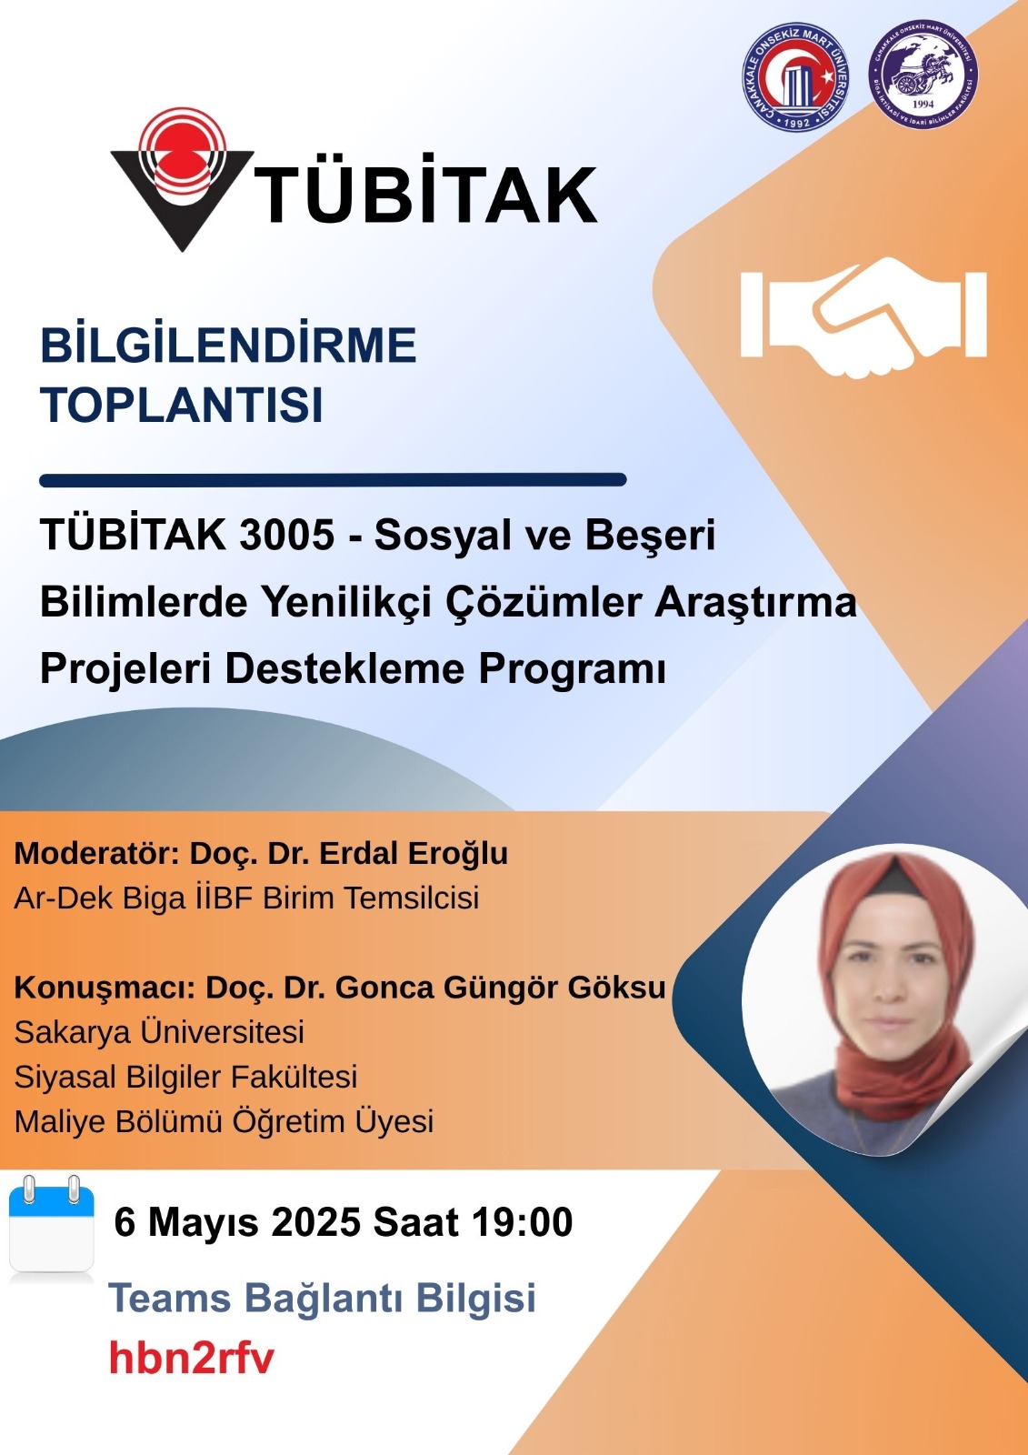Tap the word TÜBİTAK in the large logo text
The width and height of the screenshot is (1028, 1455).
[426, 194]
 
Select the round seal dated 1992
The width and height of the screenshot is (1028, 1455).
[796, 78]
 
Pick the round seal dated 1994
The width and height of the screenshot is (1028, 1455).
[923, 78]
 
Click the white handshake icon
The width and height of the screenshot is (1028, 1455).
[863, 317]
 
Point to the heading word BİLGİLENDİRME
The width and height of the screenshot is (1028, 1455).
[228, 345]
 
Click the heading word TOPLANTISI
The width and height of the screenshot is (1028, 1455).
[182, 406]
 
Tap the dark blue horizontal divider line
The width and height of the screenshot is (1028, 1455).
[333, 480]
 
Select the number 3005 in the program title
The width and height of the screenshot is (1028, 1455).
[286, 537]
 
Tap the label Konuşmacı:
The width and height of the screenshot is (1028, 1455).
[105, 988]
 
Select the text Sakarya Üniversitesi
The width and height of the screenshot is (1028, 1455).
[159, 1031]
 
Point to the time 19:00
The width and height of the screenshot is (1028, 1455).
[523, 1222]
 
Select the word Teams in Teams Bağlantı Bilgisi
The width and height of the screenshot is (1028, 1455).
[170, 1297]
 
